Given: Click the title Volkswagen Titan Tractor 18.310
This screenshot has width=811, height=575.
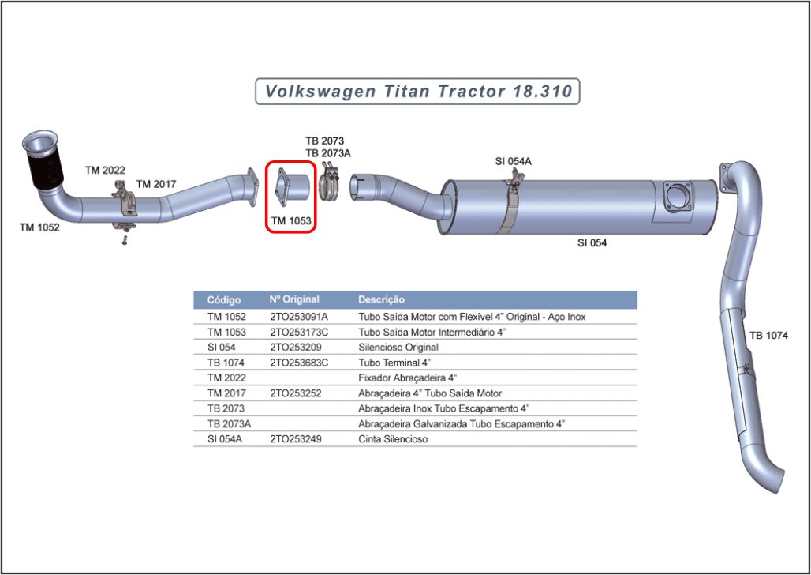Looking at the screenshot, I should [x=418, y=91].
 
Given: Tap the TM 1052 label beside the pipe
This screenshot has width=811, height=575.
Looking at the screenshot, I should [x=39, y=227].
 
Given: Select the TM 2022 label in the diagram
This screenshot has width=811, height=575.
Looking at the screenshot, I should [x=105, y=170].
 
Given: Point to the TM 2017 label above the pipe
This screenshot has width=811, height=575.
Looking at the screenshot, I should [x=156, y=184].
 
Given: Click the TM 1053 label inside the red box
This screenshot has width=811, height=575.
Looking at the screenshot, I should [x=291, y=221].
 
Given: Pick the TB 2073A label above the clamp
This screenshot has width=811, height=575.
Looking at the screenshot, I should [x=328, y=153].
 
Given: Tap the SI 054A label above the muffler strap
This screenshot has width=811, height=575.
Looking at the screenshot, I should [x=513, y=161].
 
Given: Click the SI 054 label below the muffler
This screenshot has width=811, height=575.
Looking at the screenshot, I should [x=592, y=242].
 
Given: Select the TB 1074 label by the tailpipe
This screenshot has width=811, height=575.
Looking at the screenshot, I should [x=768, y=335].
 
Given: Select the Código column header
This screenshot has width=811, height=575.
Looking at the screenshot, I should [x=224, y=300].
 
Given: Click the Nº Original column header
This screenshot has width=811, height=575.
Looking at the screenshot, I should [x=294, y=300].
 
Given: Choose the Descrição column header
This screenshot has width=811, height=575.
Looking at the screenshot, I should [x=381, y=300].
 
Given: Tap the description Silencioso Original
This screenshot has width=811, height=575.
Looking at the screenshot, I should [x=398, y=347].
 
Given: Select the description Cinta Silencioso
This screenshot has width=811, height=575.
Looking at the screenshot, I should [x=393, y=439].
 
